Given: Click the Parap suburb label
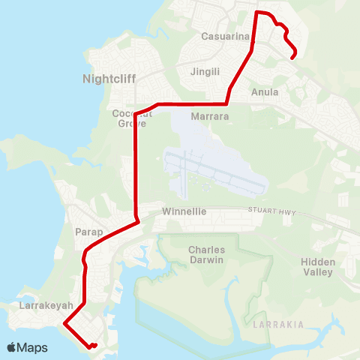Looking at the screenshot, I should [88, 232].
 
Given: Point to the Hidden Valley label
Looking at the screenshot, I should [318, 267].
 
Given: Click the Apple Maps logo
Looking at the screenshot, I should [27, 347].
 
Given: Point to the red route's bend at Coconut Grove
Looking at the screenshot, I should [136, 115].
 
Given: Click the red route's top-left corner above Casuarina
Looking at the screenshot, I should [258, 13].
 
